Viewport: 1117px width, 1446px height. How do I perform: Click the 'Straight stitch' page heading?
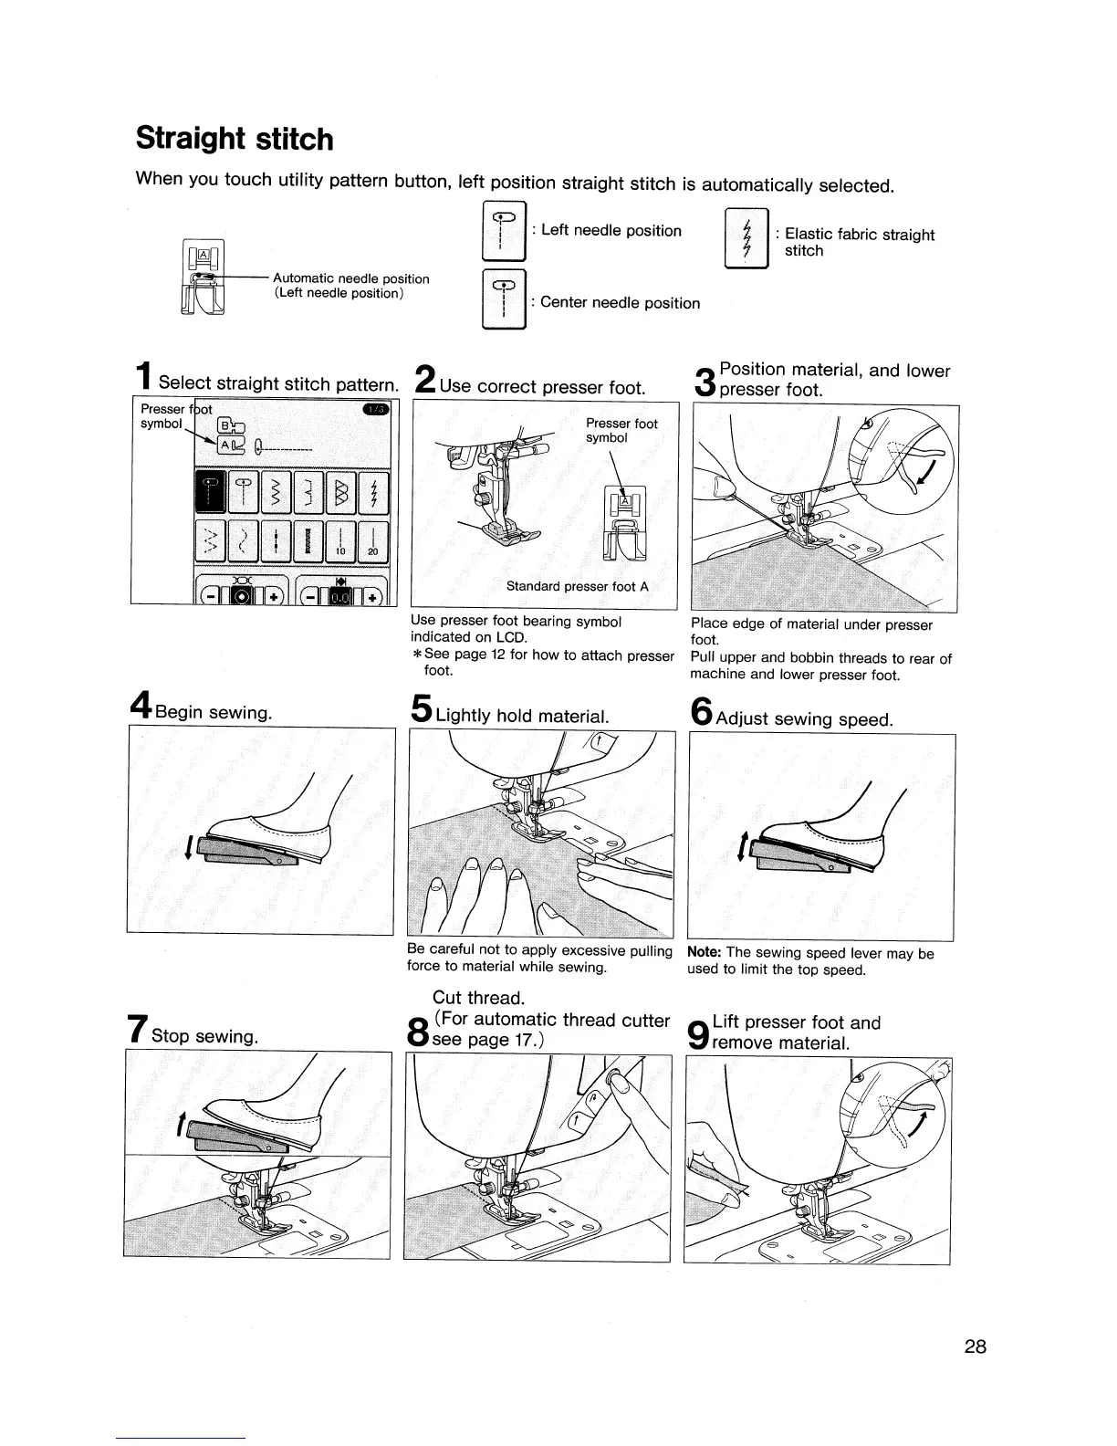click(235, 140)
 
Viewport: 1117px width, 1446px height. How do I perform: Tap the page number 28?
click(975, 1346)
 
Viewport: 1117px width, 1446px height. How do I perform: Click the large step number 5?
click(421, 709)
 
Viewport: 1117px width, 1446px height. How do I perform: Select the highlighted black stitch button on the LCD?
click(209, 494)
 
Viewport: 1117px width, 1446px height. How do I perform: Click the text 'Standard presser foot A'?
click(577, 586)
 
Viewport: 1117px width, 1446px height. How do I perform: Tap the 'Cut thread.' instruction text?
click(478, 998)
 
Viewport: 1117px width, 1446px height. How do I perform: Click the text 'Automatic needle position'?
click(350, 278)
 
